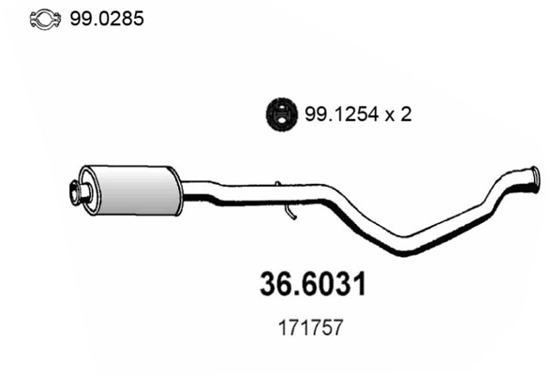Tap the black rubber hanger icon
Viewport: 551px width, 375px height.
tap(277, 113)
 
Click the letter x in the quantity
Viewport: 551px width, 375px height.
tap(391, 115)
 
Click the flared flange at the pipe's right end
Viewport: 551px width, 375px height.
tap(530, 178)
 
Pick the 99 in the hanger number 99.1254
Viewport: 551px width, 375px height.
tap(314, 114)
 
